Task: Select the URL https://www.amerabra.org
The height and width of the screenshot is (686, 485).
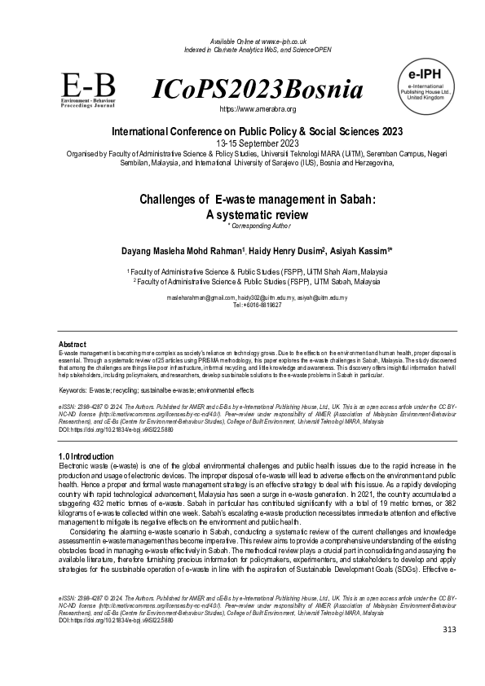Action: point(258,108)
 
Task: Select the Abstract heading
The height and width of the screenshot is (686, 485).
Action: point(73,345)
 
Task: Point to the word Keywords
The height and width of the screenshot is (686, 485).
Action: point(74,391)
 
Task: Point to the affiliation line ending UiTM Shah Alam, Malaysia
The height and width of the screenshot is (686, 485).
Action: point(257,270)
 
